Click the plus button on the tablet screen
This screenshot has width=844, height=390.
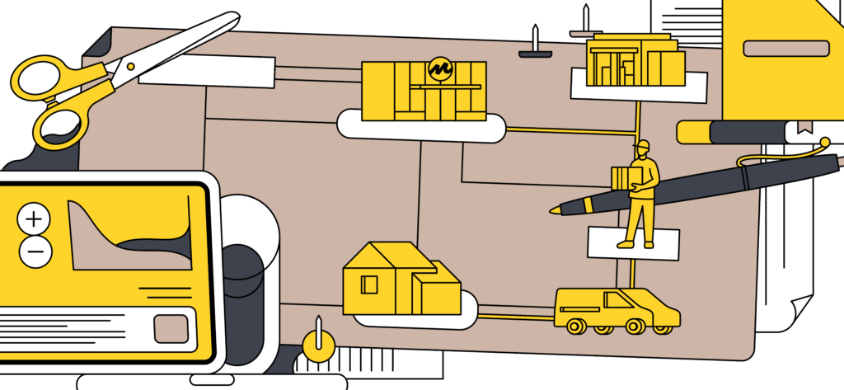pyautogui.click(x=34, y=218)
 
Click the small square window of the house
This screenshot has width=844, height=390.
pyautogui.click(x=369, y=284)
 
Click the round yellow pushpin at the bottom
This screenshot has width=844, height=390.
pyautogui.click(x=318, y=345)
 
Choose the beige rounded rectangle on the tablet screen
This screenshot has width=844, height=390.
pyautogui.click(x=171, y=328)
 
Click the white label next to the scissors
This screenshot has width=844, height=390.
pyautogui.click(x=206, y=72)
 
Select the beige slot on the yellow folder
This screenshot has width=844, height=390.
pyautogui.click(x=785, y=49)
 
